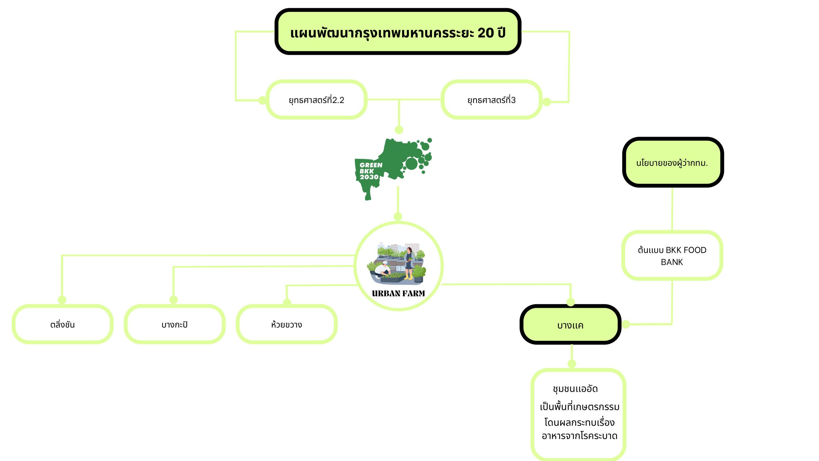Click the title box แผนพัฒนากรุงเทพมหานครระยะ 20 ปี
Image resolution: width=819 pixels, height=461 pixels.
398,32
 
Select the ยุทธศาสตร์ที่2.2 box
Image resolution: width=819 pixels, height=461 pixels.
316,100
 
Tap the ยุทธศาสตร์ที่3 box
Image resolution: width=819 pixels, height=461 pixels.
491,100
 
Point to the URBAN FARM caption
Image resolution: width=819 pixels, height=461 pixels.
398,293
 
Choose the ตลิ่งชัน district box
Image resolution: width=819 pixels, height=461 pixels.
62,324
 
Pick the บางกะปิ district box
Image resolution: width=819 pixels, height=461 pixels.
175,324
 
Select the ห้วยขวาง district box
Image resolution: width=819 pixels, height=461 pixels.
286,324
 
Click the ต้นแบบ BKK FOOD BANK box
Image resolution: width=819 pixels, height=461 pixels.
672,256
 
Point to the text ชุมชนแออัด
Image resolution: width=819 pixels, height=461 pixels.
575,389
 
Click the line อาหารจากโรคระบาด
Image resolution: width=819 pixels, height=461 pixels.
579,436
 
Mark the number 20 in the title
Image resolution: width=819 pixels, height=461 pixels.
486,33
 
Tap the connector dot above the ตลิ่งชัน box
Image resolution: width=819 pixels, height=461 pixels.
62,300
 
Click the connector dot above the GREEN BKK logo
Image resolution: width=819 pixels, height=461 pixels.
399,130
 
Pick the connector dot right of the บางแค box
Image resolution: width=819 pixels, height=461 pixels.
626,324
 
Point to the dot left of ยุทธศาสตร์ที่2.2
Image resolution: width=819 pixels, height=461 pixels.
262,100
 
